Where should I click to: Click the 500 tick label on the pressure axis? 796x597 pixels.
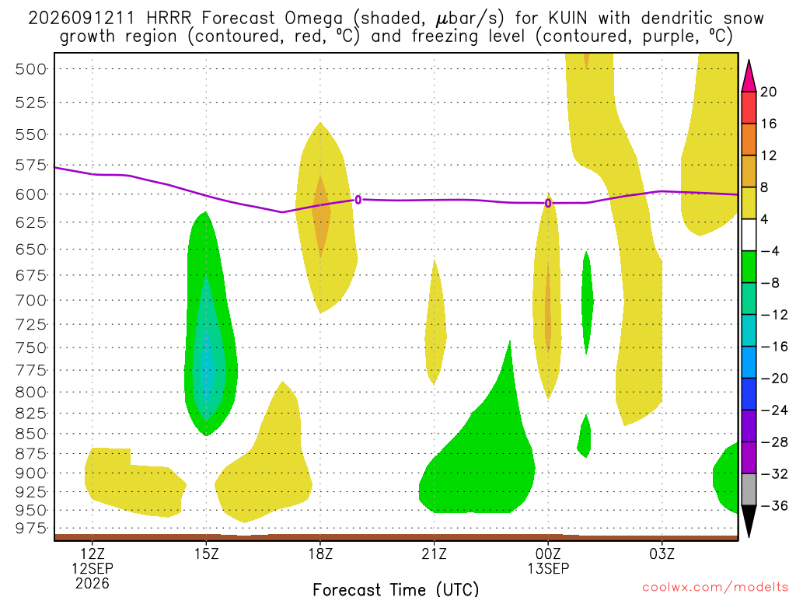(30, 69)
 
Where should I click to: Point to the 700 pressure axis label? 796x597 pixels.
(30, 301)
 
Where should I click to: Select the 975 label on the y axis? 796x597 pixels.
(30, 529)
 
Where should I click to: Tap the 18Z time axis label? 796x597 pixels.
(320, 553)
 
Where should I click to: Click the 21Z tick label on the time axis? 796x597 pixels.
(434, 553)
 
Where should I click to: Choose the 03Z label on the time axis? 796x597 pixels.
(662, 553)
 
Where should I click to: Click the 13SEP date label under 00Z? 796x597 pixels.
(548, 568)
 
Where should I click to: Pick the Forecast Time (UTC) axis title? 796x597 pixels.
(396, 589)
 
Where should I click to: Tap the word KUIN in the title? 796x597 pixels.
(567, 19)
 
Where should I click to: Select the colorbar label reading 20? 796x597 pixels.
(768, 92)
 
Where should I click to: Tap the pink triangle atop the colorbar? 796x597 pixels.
(749, 76)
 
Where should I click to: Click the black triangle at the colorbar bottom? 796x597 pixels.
(749, 521)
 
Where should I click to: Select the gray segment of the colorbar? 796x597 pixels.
(749, 490)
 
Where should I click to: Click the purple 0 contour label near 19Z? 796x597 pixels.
(358, 200)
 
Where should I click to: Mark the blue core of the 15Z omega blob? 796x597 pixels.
(206, 365)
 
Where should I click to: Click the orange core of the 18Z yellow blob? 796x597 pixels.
(320, 216)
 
